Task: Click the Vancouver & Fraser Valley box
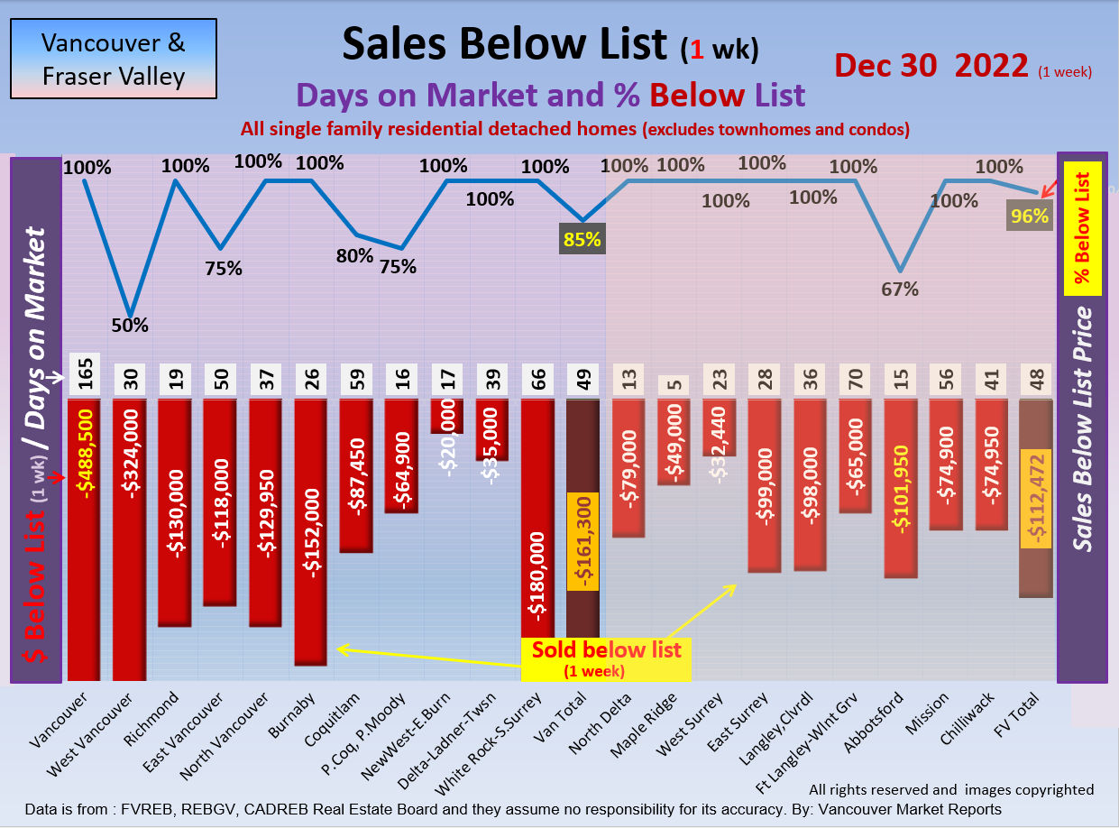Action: (x=114, y=59)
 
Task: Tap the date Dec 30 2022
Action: (x=931, y=66)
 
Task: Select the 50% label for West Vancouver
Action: (x=130, y=326)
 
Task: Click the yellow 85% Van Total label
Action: (x=582, y=240)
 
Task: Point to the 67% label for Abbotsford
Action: (x=900, y=290)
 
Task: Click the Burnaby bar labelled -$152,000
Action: (x=311, y=532)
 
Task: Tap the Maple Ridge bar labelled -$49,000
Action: (x=674, y=442)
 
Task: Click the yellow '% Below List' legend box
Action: (x=1083, y=228)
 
